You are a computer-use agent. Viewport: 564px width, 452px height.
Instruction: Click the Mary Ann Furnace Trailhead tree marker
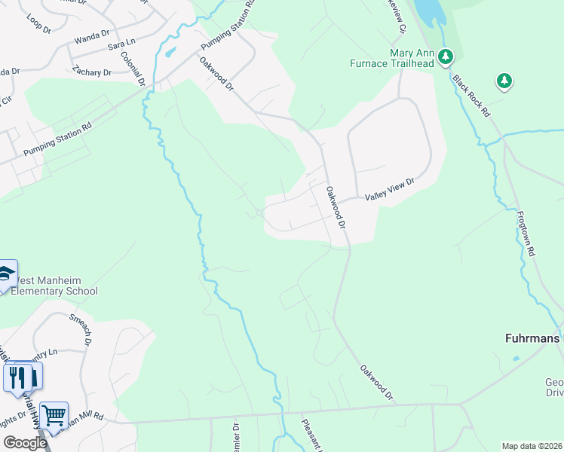pyautogui.click(x=446, y=55)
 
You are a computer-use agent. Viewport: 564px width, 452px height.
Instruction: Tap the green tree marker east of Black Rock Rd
pyautogui.click(x=504, y=80)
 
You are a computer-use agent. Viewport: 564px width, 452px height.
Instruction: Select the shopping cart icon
pyautogui.click(x=54, y=414)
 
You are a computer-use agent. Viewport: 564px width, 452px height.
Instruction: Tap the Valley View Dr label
pyautogui.click(x=391, y=189)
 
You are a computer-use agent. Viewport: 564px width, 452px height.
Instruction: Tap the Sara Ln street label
pyautogui.click(x=121, y=45)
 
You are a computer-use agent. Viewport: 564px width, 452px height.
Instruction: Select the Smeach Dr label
pyautogui.click(x=81, y=329)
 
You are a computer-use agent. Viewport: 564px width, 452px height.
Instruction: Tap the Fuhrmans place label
pyautogui.click(x=532, y=338)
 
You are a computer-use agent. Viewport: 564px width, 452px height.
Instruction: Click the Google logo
pyautogui.click(x=25, y=443)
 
